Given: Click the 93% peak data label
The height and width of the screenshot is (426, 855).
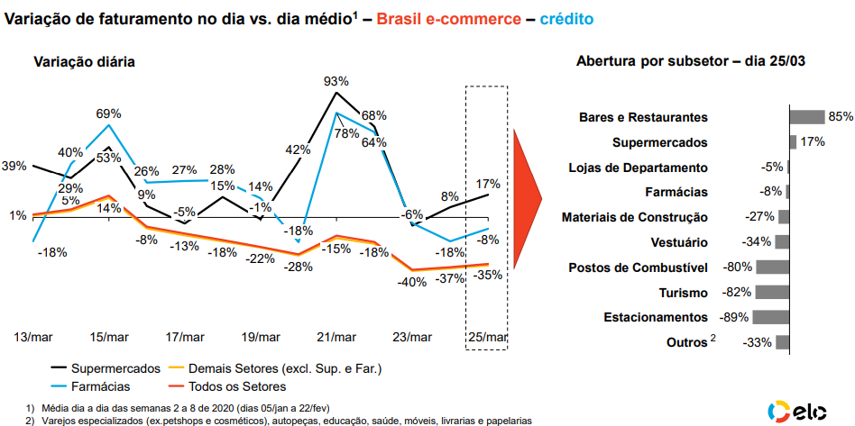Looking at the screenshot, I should [x=336, y=82].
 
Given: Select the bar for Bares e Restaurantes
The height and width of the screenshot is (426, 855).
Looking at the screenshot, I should [x=807, y=117].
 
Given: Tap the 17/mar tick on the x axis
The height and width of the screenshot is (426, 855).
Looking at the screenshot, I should [x=186, y=337].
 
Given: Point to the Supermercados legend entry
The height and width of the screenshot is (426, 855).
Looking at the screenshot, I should [x=115, y=368].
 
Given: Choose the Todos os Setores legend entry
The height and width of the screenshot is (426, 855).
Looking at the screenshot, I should [x=241, y=386].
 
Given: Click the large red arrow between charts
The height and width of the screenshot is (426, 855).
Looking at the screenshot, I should [x=526, y=195].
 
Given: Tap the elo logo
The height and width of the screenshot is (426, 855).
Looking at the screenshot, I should [x=802, y=410].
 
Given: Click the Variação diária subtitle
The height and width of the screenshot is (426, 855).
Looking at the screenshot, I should [x=85, y=62].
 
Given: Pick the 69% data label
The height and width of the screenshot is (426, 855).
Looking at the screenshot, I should [x=109, y=114].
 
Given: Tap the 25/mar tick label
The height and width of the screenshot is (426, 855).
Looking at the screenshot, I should [x=487, y=337].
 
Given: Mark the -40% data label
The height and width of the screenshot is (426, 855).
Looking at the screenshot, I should [x=413, y=282].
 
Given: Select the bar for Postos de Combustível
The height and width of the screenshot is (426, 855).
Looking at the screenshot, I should [x=773, y=267].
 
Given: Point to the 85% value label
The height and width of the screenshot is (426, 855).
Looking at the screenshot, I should [x=841, y=117].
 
